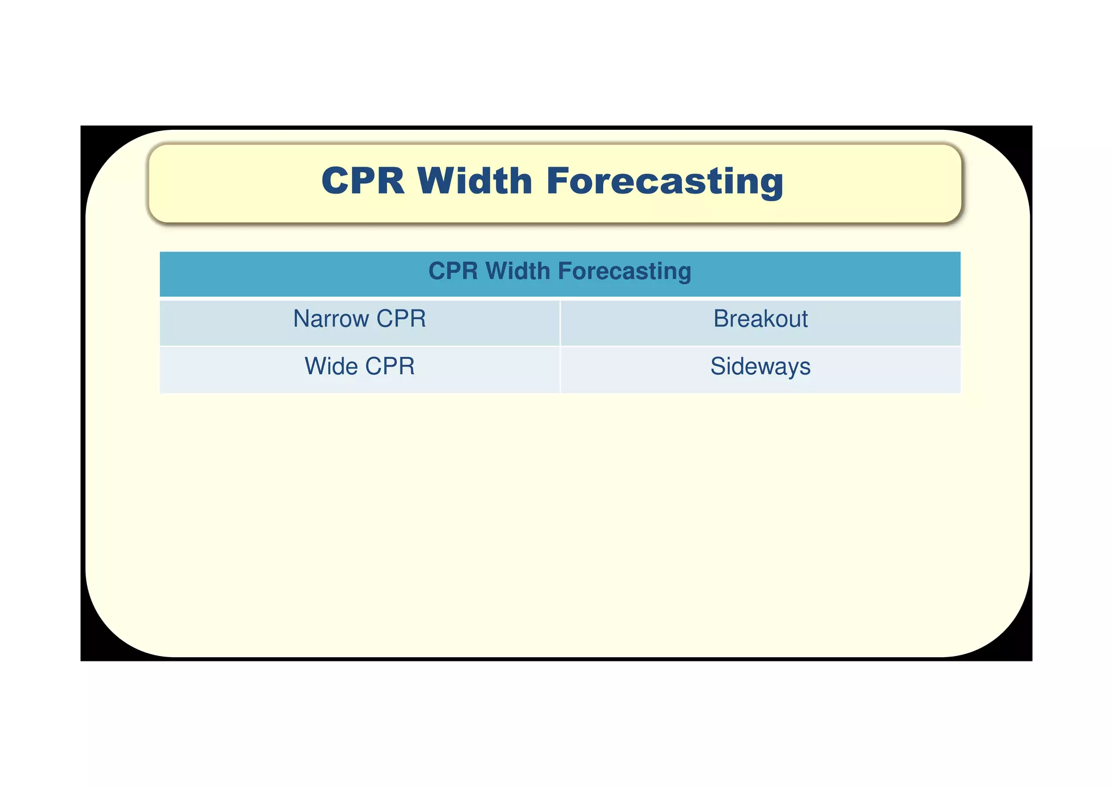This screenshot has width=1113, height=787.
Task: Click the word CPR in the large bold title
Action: [362, 181]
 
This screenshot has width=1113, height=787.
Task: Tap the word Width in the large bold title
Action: [474, 181]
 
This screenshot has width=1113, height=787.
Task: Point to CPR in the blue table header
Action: [453, 271]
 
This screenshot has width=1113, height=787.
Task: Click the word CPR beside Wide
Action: [390, 366]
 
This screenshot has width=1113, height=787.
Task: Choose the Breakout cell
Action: [760, 319]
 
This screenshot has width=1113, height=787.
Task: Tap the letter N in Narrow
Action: [301, 319]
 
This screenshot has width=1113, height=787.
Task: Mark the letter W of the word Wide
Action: [315, 366]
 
